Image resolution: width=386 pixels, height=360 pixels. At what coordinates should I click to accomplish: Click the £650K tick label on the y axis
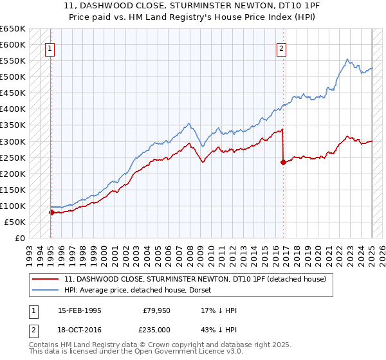click(13, 29)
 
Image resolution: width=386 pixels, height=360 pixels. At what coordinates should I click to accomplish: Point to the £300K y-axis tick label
click(13, 141)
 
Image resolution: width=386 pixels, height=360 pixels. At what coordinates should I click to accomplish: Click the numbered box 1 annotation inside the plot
click(50, 47)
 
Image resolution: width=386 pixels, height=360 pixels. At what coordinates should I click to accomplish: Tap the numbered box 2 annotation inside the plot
click(281, 47)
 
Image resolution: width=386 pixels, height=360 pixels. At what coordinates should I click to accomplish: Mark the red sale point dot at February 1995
click(51, 212)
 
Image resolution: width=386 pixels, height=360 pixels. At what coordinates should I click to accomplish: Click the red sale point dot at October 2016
click(283, 162)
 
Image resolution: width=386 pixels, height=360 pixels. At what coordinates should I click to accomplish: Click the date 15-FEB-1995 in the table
click(79, 310)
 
